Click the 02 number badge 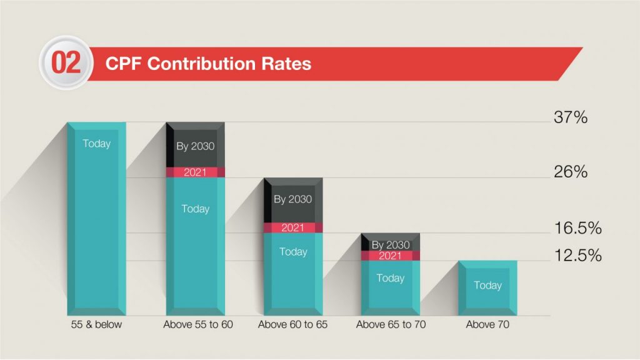[66, 64]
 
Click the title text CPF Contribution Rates [208, 64]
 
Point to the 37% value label [570, 117]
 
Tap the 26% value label [570, 172]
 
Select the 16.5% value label [577, 228]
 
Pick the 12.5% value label [577, 255]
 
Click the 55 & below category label [96, 325]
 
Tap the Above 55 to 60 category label [195, 325]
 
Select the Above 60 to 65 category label [292, 325]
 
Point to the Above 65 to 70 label [391, 325]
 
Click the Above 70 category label [487, 325]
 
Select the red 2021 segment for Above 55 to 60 [195, 172]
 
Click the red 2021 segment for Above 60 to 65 [292, 227]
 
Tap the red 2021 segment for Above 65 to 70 [391, 256]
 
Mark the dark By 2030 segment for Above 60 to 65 [292, 200]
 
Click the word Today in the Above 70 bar [487, 286]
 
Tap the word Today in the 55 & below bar [96, 144]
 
